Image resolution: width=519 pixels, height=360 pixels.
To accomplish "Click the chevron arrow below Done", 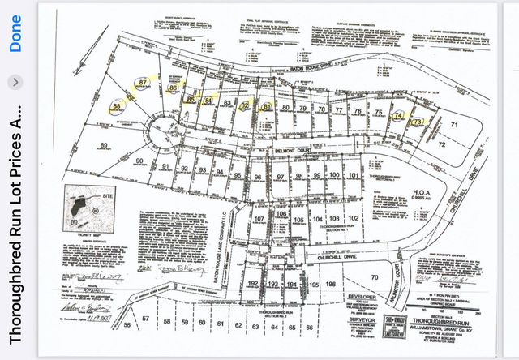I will tap(15, 82).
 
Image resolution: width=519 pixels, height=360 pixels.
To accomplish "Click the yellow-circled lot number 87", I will tap(144, 83).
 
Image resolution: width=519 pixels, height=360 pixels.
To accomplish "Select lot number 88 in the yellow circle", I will tap(118, 106).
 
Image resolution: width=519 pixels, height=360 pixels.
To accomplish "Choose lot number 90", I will tap(139, 162).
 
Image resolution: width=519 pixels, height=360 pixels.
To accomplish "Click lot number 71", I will tap(455, 124).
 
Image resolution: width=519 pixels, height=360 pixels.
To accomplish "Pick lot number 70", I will tap(375, 278).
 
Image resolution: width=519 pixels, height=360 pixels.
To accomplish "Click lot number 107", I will tap(259, 220).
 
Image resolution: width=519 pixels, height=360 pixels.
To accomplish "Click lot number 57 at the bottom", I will tap(146, 319).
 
